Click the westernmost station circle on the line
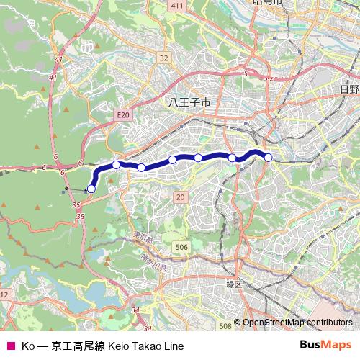pos(91,189)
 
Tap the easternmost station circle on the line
pos(268,157)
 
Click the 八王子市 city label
pos(189,103)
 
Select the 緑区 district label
pos(235,284)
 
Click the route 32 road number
pos(164,58)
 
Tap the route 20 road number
pos(179,197)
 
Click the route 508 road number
pos(225,326)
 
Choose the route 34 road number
pos(136,310)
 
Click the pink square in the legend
pos(10,346)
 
